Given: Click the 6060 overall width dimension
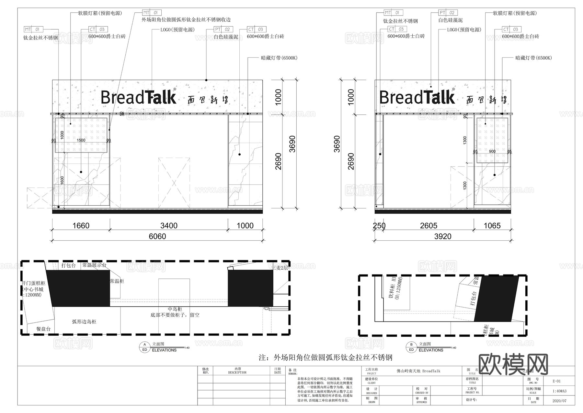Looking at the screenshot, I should [157, 236].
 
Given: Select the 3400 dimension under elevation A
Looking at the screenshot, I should [169, 225].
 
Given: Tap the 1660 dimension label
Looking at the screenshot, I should [81, 225].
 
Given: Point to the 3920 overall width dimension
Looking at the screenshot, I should [442, 236].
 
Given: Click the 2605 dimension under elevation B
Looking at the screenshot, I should [429, 225].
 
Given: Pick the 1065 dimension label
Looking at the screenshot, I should [492, 225].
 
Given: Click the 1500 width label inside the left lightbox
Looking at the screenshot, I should [81, 140].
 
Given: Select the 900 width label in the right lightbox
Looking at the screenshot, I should [492, 152].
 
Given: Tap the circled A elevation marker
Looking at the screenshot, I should [144, 345].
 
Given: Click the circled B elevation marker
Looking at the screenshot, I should [411, 345].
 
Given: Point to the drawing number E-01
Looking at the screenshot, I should [556, 381].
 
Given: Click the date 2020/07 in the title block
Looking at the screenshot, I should [559, 401].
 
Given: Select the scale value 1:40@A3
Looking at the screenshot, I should [559, 391].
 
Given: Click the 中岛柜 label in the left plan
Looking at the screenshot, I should [175, 309].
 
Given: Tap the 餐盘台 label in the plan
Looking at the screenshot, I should [43, 329].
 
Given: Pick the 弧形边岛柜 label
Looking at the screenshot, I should [84, 322].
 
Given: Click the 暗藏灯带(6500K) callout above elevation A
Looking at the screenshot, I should [279, 58].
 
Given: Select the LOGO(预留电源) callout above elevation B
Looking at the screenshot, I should [464, 30].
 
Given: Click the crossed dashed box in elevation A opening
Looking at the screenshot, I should [174, 183].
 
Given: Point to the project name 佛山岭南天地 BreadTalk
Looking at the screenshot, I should [418, 371].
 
